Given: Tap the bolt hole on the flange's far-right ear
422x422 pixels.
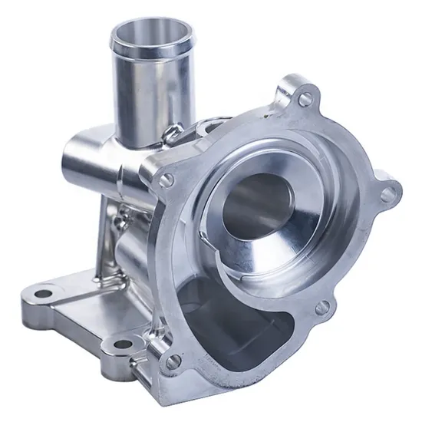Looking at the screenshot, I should coord(385,188).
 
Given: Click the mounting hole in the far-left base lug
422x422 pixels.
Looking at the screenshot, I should coord(40,292).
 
